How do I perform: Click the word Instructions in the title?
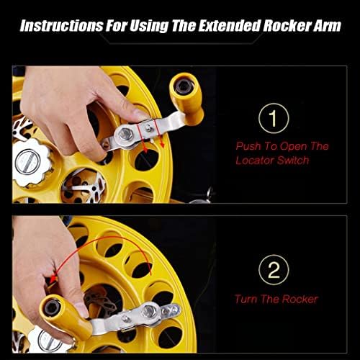62,26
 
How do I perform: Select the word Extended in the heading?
230,26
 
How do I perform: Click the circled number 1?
274,118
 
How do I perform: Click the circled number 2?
274,270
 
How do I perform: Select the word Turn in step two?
246,299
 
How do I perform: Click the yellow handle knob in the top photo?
186,99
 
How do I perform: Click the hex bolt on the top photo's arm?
125,134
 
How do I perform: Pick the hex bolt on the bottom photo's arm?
149,311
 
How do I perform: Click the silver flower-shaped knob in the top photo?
32,163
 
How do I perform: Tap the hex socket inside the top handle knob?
184,86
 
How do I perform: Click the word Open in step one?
293,146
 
